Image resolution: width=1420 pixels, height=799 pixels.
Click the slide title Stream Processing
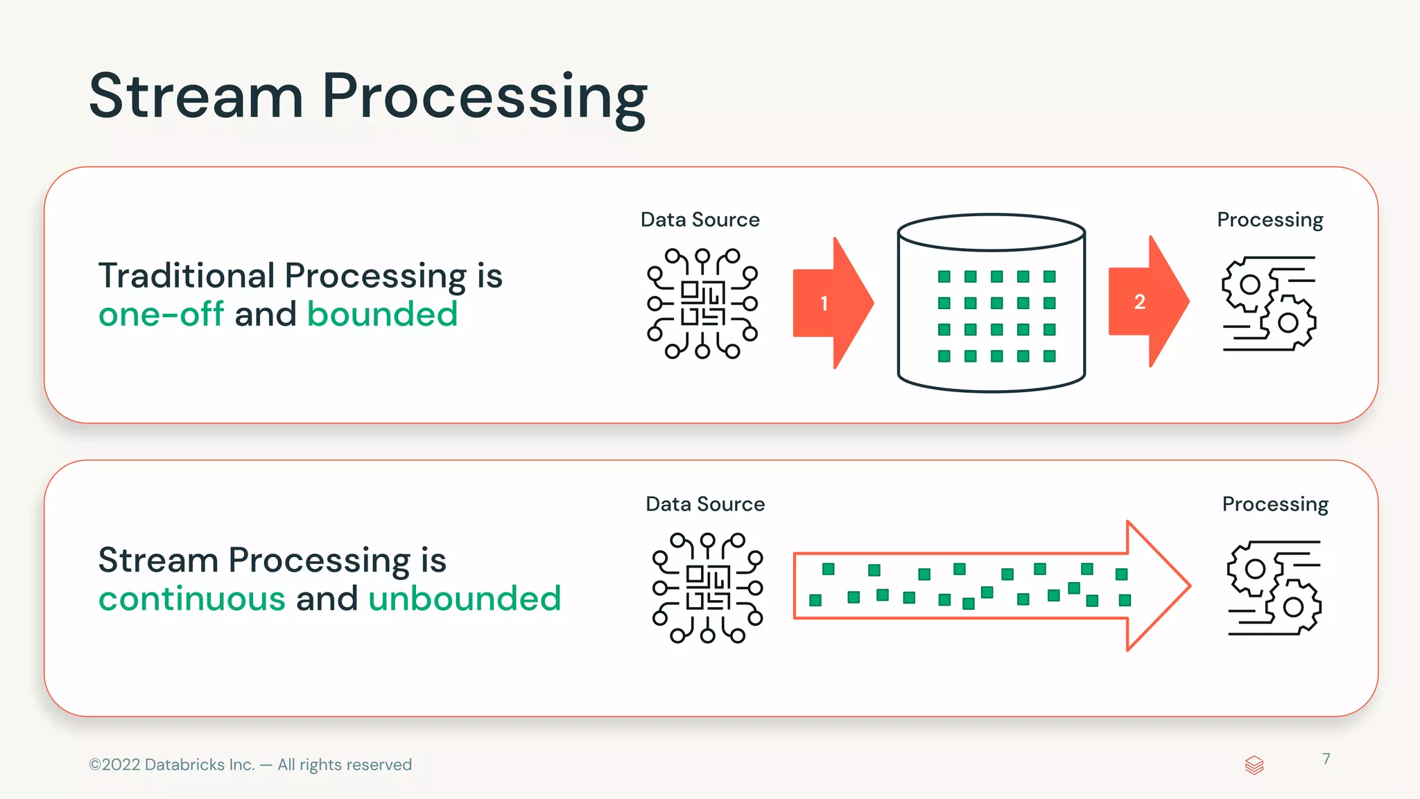tap(367, 97)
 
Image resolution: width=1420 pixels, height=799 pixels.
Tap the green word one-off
tap(161, 315)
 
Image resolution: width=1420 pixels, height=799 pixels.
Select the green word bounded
tap(382, 315)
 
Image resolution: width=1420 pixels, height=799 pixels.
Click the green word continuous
tap(191, 599)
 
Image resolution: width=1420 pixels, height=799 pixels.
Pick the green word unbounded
tap(464, 599)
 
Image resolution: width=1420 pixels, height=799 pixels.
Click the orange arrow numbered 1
tap(831, 303)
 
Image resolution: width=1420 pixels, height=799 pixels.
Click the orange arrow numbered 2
tap(1147, 301)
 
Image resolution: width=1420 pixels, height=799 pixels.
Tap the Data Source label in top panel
tap(700, 220)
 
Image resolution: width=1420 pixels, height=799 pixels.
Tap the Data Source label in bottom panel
tap(705, 504)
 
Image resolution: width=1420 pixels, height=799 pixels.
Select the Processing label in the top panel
tap(1270, 220)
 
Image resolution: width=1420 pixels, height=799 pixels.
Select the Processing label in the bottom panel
tap(1275, 504)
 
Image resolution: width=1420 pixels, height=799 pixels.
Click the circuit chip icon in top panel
tap(702, 303)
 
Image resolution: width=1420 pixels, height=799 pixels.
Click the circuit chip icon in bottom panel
tap(707, 588)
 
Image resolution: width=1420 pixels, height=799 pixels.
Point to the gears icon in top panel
tap(1269, 304)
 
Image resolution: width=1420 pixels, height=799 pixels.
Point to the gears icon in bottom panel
tap(1274, 588)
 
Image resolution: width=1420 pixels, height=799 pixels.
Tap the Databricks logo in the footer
tap(1254, 765)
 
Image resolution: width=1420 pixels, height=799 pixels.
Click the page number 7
tap(1326, 759)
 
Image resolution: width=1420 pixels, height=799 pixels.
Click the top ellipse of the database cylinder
tap(991, 232)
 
